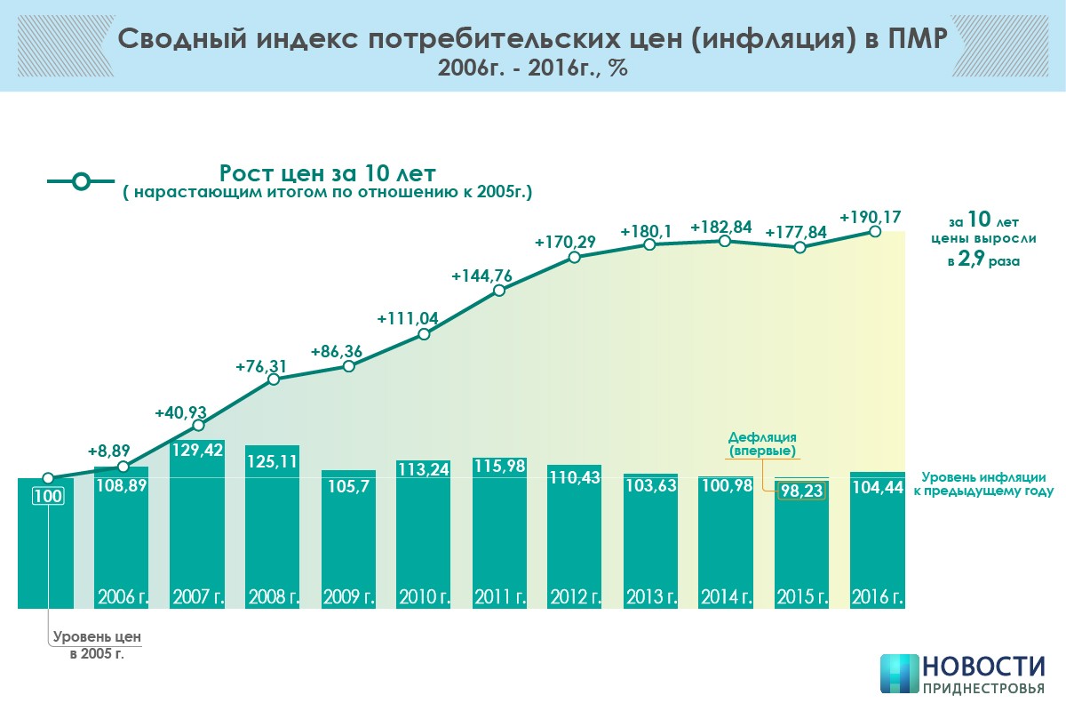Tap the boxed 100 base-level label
point(48,496)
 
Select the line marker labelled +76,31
point(274,379)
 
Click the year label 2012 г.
point(576,595)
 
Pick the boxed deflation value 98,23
point(801,493)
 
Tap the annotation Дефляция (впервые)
point(761,444)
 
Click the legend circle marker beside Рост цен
point(81,181)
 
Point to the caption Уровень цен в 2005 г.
point(97,644)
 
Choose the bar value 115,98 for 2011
point(500,466)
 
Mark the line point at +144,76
point(499,291)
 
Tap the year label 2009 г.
point(348,595)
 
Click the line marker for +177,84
point(800,247)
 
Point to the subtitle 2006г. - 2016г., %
point(532,69)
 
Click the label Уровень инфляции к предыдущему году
point(982,483)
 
